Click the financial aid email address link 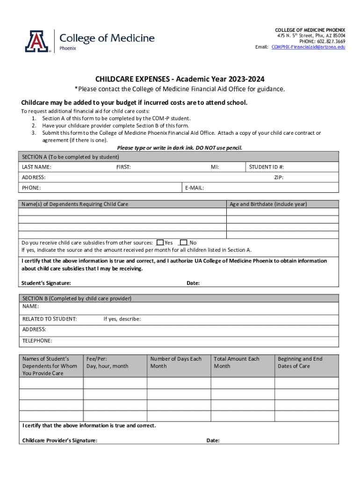tap(309, 47)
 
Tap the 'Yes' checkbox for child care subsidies tap(160, 242)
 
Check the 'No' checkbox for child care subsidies tap(184, 242)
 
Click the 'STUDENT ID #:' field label tap(266, 167)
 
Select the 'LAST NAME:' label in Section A tap(37, 167)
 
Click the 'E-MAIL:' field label tap(194, 188)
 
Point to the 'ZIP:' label tap(279, 177)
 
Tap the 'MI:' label tap(215, 167)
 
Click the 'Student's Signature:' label tap(46, 283)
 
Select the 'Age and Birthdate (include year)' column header tap(268, 204)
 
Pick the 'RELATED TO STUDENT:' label tap(50, 319)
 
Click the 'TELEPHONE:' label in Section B tap(37, 341)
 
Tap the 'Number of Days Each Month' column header tap(176, 363)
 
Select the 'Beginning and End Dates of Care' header tap(300, 363)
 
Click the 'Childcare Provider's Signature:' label tap(60, 440)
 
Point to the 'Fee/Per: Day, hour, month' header tap(107, 363)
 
